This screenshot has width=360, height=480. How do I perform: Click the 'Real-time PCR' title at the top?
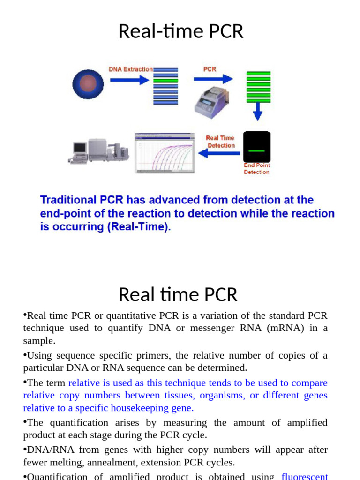(180, 31)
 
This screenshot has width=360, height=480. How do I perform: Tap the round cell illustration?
(87, 84)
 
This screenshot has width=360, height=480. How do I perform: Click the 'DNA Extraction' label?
(131, 69)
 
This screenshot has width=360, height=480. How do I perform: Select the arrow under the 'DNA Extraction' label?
(129, 80)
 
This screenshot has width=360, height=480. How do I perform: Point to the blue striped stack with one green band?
(165, 86)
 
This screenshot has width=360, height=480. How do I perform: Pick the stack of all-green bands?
(258, 87)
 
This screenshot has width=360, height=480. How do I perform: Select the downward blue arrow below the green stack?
(257, 112)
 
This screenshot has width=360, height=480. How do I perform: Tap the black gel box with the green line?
(256, 147)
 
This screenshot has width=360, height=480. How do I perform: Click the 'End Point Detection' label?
(257, 169)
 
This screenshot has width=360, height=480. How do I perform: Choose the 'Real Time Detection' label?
(220, 142)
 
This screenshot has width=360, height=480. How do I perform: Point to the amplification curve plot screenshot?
(165, 153)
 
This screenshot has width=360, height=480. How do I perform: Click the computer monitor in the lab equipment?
(80, 149)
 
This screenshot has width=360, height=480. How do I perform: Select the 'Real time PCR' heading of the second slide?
(178, 295)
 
